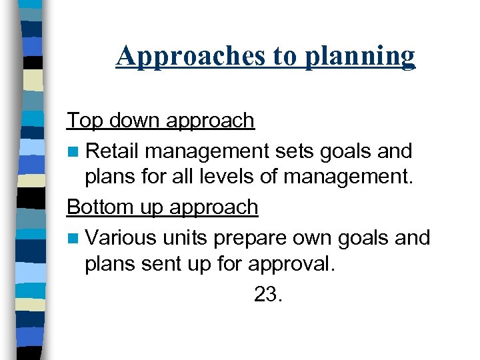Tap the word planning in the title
click(x=360, y=56)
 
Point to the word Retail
click(x=113, y=151)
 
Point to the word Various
click(x=121, y=238)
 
